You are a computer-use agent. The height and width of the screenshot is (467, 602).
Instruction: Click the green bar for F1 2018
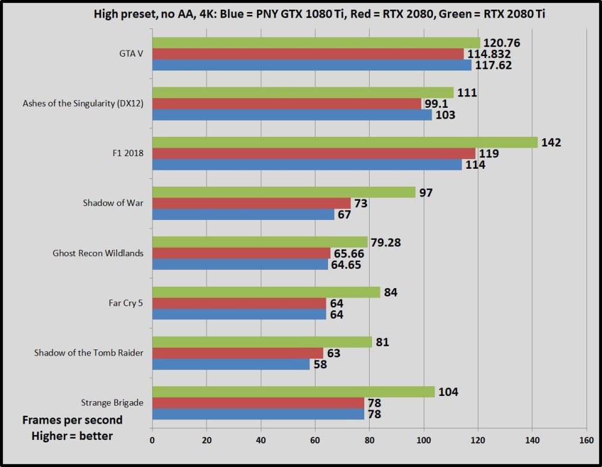pyautogui.click(x=344, y=142)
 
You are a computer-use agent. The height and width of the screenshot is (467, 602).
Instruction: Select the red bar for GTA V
pyautogui.click(x=308, y=54)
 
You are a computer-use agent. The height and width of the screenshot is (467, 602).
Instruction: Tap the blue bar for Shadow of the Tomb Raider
pyautogui.click(x=231, y=364)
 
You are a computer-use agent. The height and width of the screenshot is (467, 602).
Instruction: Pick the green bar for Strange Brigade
pyautogui.click(x=293, y=392)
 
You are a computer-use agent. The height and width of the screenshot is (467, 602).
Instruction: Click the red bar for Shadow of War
pyautogui.click(x=251, y=204)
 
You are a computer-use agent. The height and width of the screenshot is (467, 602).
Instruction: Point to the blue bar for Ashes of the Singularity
pyautogui.click(x=292, y=115)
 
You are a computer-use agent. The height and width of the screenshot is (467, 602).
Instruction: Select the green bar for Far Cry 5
pyautogui.click(x=266, y=292)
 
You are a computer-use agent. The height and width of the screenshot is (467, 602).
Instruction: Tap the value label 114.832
pyautogui.click(x=489, y=54)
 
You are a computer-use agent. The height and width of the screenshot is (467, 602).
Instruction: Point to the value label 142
pyautogui.click(x=551, y=143)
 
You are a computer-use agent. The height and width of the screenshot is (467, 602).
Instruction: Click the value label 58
pyautogui.click(x=320, y=365)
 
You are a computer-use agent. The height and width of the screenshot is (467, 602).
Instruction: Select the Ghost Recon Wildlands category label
pyautogui.click(x=98, y=253)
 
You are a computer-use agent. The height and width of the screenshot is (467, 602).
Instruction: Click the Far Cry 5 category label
pyautogui.click(x=122, y=302)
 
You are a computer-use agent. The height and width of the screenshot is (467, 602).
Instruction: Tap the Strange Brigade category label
pyautogui.click(x=112, y=402)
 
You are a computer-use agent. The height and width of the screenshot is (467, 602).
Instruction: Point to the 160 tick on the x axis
pyautogui.click(x=586, y=440)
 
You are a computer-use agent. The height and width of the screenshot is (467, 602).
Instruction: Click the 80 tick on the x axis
pyautogui.click(x=369, y=440)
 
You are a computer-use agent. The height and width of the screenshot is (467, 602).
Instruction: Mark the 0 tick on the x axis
pyautogui.click(x=152, y=440)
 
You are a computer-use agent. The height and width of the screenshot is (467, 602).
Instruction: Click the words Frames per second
pyautogui.click(x=72, y=420)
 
